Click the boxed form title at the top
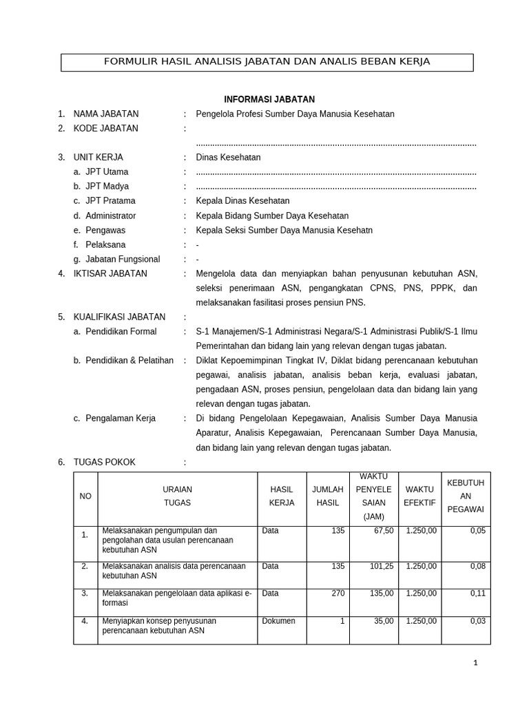(x=267, y=62)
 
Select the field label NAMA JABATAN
(x=105, y=114)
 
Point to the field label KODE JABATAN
(x=105, y=129)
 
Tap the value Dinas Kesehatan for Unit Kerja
(x=228, y=158)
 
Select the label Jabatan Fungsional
(x=122, y=259)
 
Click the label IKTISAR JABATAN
(x=110, y=273)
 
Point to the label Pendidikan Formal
(x=121, y=331)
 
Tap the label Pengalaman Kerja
(x=120, y=418)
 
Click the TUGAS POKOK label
(x=104, y=462)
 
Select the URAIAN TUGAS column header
(x=177, y=496)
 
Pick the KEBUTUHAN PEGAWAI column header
(x=466, y=496)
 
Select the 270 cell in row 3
(x=338, y=593)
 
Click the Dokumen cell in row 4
(x=278, y=621)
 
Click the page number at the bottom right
(x=475, y=663)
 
